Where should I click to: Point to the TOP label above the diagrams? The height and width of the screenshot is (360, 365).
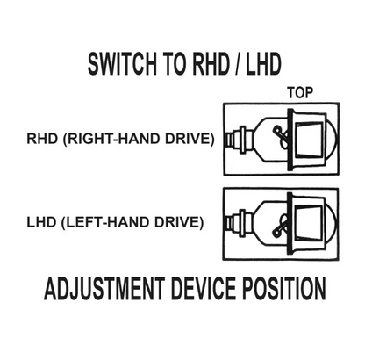[x=300, y=93]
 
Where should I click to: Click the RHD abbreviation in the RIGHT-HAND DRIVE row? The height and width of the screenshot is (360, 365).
[x=42, y=139]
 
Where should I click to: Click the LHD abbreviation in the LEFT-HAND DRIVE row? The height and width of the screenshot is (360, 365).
[x=41, y=222]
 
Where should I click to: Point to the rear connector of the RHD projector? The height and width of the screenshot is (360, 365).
[x=240, y=140]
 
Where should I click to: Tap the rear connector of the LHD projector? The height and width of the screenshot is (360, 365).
[x=240, y=224]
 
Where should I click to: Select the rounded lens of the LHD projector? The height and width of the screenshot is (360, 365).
[x=332, y=224]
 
